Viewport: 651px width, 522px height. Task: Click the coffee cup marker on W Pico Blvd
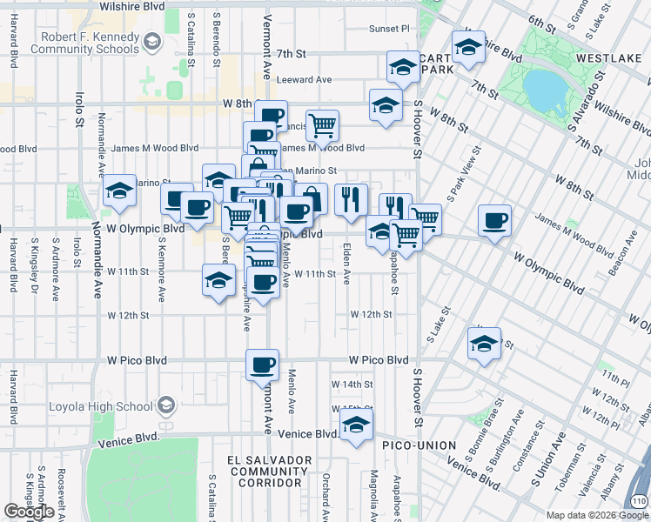[262, 365]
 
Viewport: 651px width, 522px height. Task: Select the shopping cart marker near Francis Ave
[322, 126]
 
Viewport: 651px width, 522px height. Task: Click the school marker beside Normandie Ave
[119, 191]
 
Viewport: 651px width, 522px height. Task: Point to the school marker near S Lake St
[484, 344]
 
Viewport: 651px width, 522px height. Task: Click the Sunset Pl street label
[389, 29]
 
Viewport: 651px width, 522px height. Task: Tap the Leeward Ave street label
[305, 79]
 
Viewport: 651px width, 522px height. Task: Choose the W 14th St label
[352, 384]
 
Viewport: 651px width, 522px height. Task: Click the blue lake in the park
[542, 92]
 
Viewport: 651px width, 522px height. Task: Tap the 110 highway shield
[641, 501]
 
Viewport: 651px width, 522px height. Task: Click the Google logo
[29, 512]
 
